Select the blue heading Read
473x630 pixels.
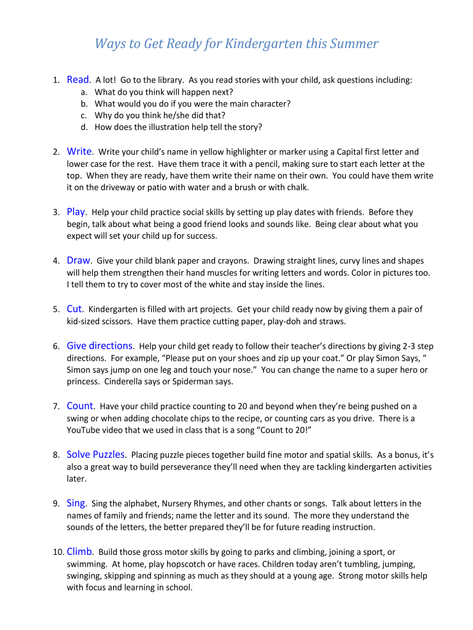click(78, 79)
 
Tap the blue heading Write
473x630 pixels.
click(79, 151)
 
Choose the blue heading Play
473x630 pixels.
click(76, 212)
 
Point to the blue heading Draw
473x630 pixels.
click(79, 260)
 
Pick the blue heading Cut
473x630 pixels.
click(74, 309)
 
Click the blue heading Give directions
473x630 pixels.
click(100, 346)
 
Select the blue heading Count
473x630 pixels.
click(80, 406)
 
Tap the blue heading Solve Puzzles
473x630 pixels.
click(96, 455)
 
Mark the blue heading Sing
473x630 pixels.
click(76, 503)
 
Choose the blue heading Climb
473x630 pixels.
click(79, 552)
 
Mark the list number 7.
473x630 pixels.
click(56, 407)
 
